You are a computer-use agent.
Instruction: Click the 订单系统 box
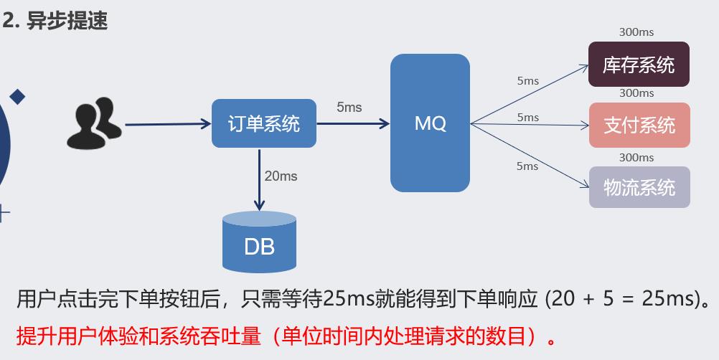pos(264,123)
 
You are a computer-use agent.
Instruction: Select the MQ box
pos(430,123)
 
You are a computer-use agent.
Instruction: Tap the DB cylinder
pos(259,242)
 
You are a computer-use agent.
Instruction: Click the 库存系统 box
pos(639,65)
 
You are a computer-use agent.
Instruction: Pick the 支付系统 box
pos(639,125)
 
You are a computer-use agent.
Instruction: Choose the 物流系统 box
pos(639,187)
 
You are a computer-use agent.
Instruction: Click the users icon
pos(94,124)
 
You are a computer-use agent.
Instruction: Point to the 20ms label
pos(281,176)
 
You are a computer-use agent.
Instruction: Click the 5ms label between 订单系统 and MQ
pos(349,108)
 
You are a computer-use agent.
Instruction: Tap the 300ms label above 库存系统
pos(636,32)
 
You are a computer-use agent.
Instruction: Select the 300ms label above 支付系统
pos(636,93)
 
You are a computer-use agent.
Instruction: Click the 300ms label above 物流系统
pos(636,158)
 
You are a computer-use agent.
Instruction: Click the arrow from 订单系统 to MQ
pos(352,124)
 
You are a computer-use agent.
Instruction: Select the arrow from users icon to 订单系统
pos(168,124)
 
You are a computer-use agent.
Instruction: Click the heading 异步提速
pos(67,21)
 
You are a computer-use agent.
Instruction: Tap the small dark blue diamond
pos(17,96)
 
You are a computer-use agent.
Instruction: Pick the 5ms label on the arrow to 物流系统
pos(527,166)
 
